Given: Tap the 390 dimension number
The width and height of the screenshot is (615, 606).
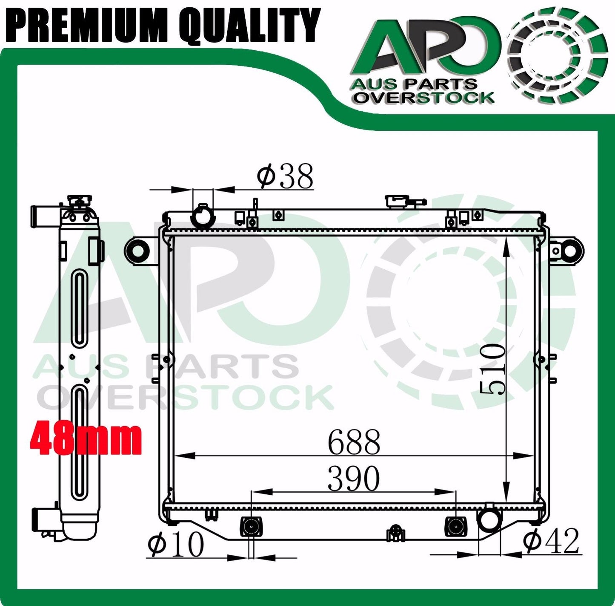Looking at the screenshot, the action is point(354,478).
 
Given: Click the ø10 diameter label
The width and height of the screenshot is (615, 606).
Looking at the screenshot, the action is point(175,543).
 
